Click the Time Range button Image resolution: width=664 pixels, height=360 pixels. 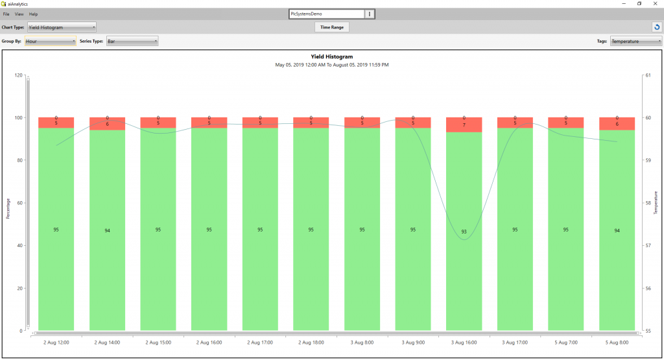pyautogui.click(x=332, y=27)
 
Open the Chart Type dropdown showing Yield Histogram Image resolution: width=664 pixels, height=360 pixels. pyautogui.click(x=62, y=27)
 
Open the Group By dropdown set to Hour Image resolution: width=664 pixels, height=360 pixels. pyautogui.click(x=51, y=42)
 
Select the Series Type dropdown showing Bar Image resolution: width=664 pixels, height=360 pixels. pyautogui.click(x=132, y=42)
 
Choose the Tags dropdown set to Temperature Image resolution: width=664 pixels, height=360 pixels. pyautogui.click(x=635, y=42)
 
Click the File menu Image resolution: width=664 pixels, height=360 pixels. pyautogui.click(x=6, y=14)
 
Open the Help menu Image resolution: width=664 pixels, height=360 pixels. pyautogui.click(x=34, y=14)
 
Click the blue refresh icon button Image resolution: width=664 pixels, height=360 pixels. pyautogui.click(x=656, y=27)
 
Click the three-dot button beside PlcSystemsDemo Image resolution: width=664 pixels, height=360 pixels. pyautogui.click(x=370, y=14)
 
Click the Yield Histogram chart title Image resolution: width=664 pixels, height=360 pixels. pyautogui.click(x=332, y=57)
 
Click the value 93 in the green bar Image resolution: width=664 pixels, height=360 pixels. pyautogui.click(x=464, y=232)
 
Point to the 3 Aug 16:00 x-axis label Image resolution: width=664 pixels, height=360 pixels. pyautogui.click(x=464, y=342)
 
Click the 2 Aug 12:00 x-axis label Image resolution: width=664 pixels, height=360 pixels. pyautogui.click(x=56, y=342)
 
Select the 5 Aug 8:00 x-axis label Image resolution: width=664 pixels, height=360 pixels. pyautogui.click(x=617, y=342)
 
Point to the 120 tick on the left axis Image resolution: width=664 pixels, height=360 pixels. pyautogui.click(x=18, y=75)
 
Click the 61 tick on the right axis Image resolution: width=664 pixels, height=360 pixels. pyautogui.click(x=647, y=75)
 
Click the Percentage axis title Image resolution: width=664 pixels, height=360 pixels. pyautogui.click(x=8, y=208)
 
